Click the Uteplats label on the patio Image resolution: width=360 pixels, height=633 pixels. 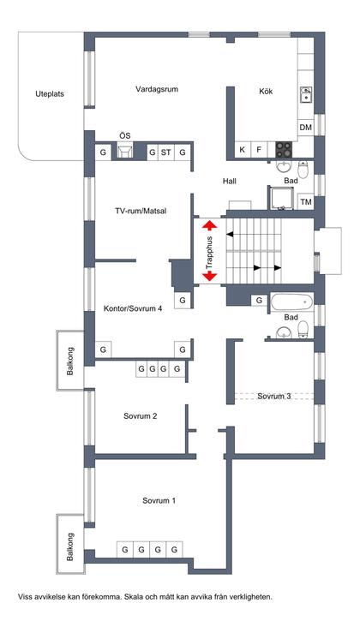pyautogui.click(x=50, y=94)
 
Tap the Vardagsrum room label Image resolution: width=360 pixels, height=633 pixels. pyautogui.click(x=157, y=89)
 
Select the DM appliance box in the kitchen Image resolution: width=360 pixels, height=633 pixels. pyautogui.click(x=306, y=128)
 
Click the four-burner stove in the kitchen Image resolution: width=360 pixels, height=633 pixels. pyautogui.click(x=284, y=150)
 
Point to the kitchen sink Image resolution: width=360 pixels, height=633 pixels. pyautogui.click(x=306, y=95)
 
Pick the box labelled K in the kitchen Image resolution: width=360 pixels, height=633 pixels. pyautogui.click(x=243, y=150)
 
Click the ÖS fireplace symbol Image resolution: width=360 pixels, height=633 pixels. pyautogui.click(x=125, y=152)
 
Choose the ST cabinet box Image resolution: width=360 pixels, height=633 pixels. pyautogui.click(x=165, y=152)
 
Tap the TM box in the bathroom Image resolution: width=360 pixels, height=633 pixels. pyautogui.click(x=306, y=201)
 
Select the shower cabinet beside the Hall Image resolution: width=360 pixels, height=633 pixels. pyautogui.click(x=282, y=198)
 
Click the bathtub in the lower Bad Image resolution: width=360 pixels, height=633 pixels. pyautogui.click(x=291, y=302)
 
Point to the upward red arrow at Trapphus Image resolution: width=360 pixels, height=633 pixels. pyautogui.click(x=210, y=225)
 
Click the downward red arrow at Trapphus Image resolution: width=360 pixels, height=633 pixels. pyautogui.click(x=210, y=277)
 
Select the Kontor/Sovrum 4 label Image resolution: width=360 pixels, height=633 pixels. pyautogui.click(x=133, y=309)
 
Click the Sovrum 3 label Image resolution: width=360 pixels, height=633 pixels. pyautogui.click(x=274, y=397)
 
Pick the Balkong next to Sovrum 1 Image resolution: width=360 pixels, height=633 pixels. pyautogui.click(x=70, y=544)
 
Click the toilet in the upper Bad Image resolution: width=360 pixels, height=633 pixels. pyautogui.click(x=303, y=170)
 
